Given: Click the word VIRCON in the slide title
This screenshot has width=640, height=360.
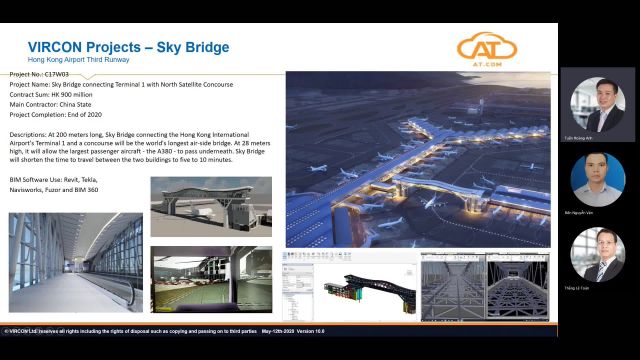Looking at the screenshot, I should pos(58,47).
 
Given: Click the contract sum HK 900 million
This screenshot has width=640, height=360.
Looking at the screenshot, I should pos(87,94).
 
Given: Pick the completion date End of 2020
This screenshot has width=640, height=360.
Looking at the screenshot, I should pos(103,113).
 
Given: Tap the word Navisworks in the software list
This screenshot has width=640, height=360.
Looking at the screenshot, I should pos(30,188).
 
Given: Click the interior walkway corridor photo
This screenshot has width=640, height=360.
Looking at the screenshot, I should pos(75,262).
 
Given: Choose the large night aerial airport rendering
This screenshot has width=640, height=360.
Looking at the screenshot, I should pos(418,158).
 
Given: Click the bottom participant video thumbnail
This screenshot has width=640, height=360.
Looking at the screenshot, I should pos(598,254).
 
